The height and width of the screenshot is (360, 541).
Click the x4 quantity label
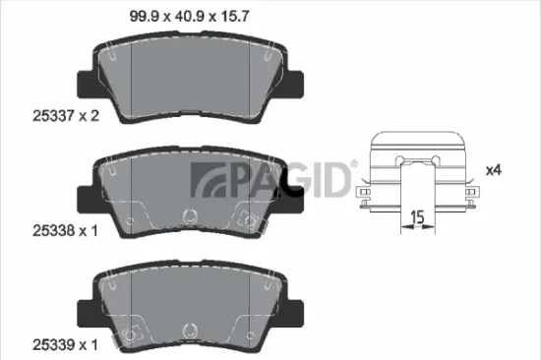coord(494,171)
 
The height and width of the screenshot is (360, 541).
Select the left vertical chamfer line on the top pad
coord(132,74)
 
